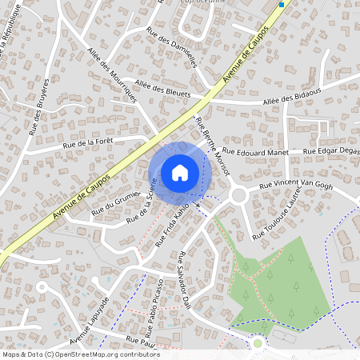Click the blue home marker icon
(180, 172)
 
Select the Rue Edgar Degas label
(330, 150)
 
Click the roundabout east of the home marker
(238, 195)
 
